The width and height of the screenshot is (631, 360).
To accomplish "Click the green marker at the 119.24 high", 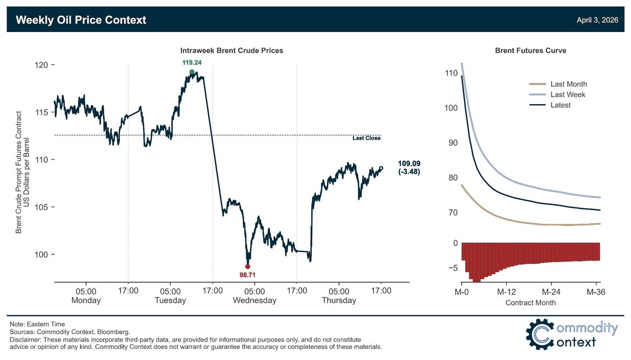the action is pos(192,72).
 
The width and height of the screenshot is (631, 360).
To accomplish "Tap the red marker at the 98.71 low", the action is pos(248,266).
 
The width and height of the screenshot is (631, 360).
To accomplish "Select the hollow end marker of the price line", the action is pos(381,168).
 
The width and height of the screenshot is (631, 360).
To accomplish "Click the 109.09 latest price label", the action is pos(409,163).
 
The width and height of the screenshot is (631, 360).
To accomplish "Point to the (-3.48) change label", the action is pos(409,171).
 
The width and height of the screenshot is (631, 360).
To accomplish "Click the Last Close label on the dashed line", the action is pos(367,138).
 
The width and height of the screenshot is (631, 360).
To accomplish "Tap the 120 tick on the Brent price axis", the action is pos(42,65).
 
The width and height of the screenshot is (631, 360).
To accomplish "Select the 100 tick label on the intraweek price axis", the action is pos(42,254).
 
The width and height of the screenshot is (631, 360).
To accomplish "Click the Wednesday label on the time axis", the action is pos(255,300).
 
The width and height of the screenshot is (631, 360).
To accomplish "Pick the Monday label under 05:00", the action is pos(86,300).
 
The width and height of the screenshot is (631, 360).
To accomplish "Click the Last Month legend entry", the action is pos(558,84).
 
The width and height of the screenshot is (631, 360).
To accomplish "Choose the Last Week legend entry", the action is pos(557,95).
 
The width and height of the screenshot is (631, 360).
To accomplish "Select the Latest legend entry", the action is pos(550,105).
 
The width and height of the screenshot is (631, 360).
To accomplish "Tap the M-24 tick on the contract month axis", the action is pos(551,292).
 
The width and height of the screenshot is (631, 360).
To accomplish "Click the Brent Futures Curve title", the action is pos(531,50).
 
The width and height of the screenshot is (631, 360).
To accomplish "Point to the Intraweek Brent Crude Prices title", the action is pos(231,50).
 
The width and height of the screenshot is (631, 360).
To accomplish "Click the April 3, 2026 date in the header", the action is pos(597,20).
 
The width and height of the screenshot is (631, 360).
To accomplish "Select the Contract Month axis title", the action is pos(531,303).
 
